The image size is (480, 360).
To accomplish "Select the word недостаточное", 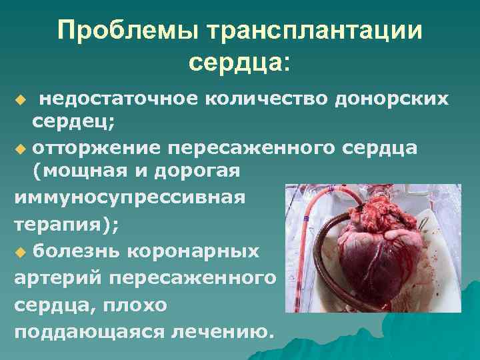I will (117, 99).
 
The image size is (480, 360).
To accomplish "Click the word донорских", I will (391, 99).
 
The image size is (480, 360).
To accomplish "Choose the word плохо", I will (141, 304).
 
